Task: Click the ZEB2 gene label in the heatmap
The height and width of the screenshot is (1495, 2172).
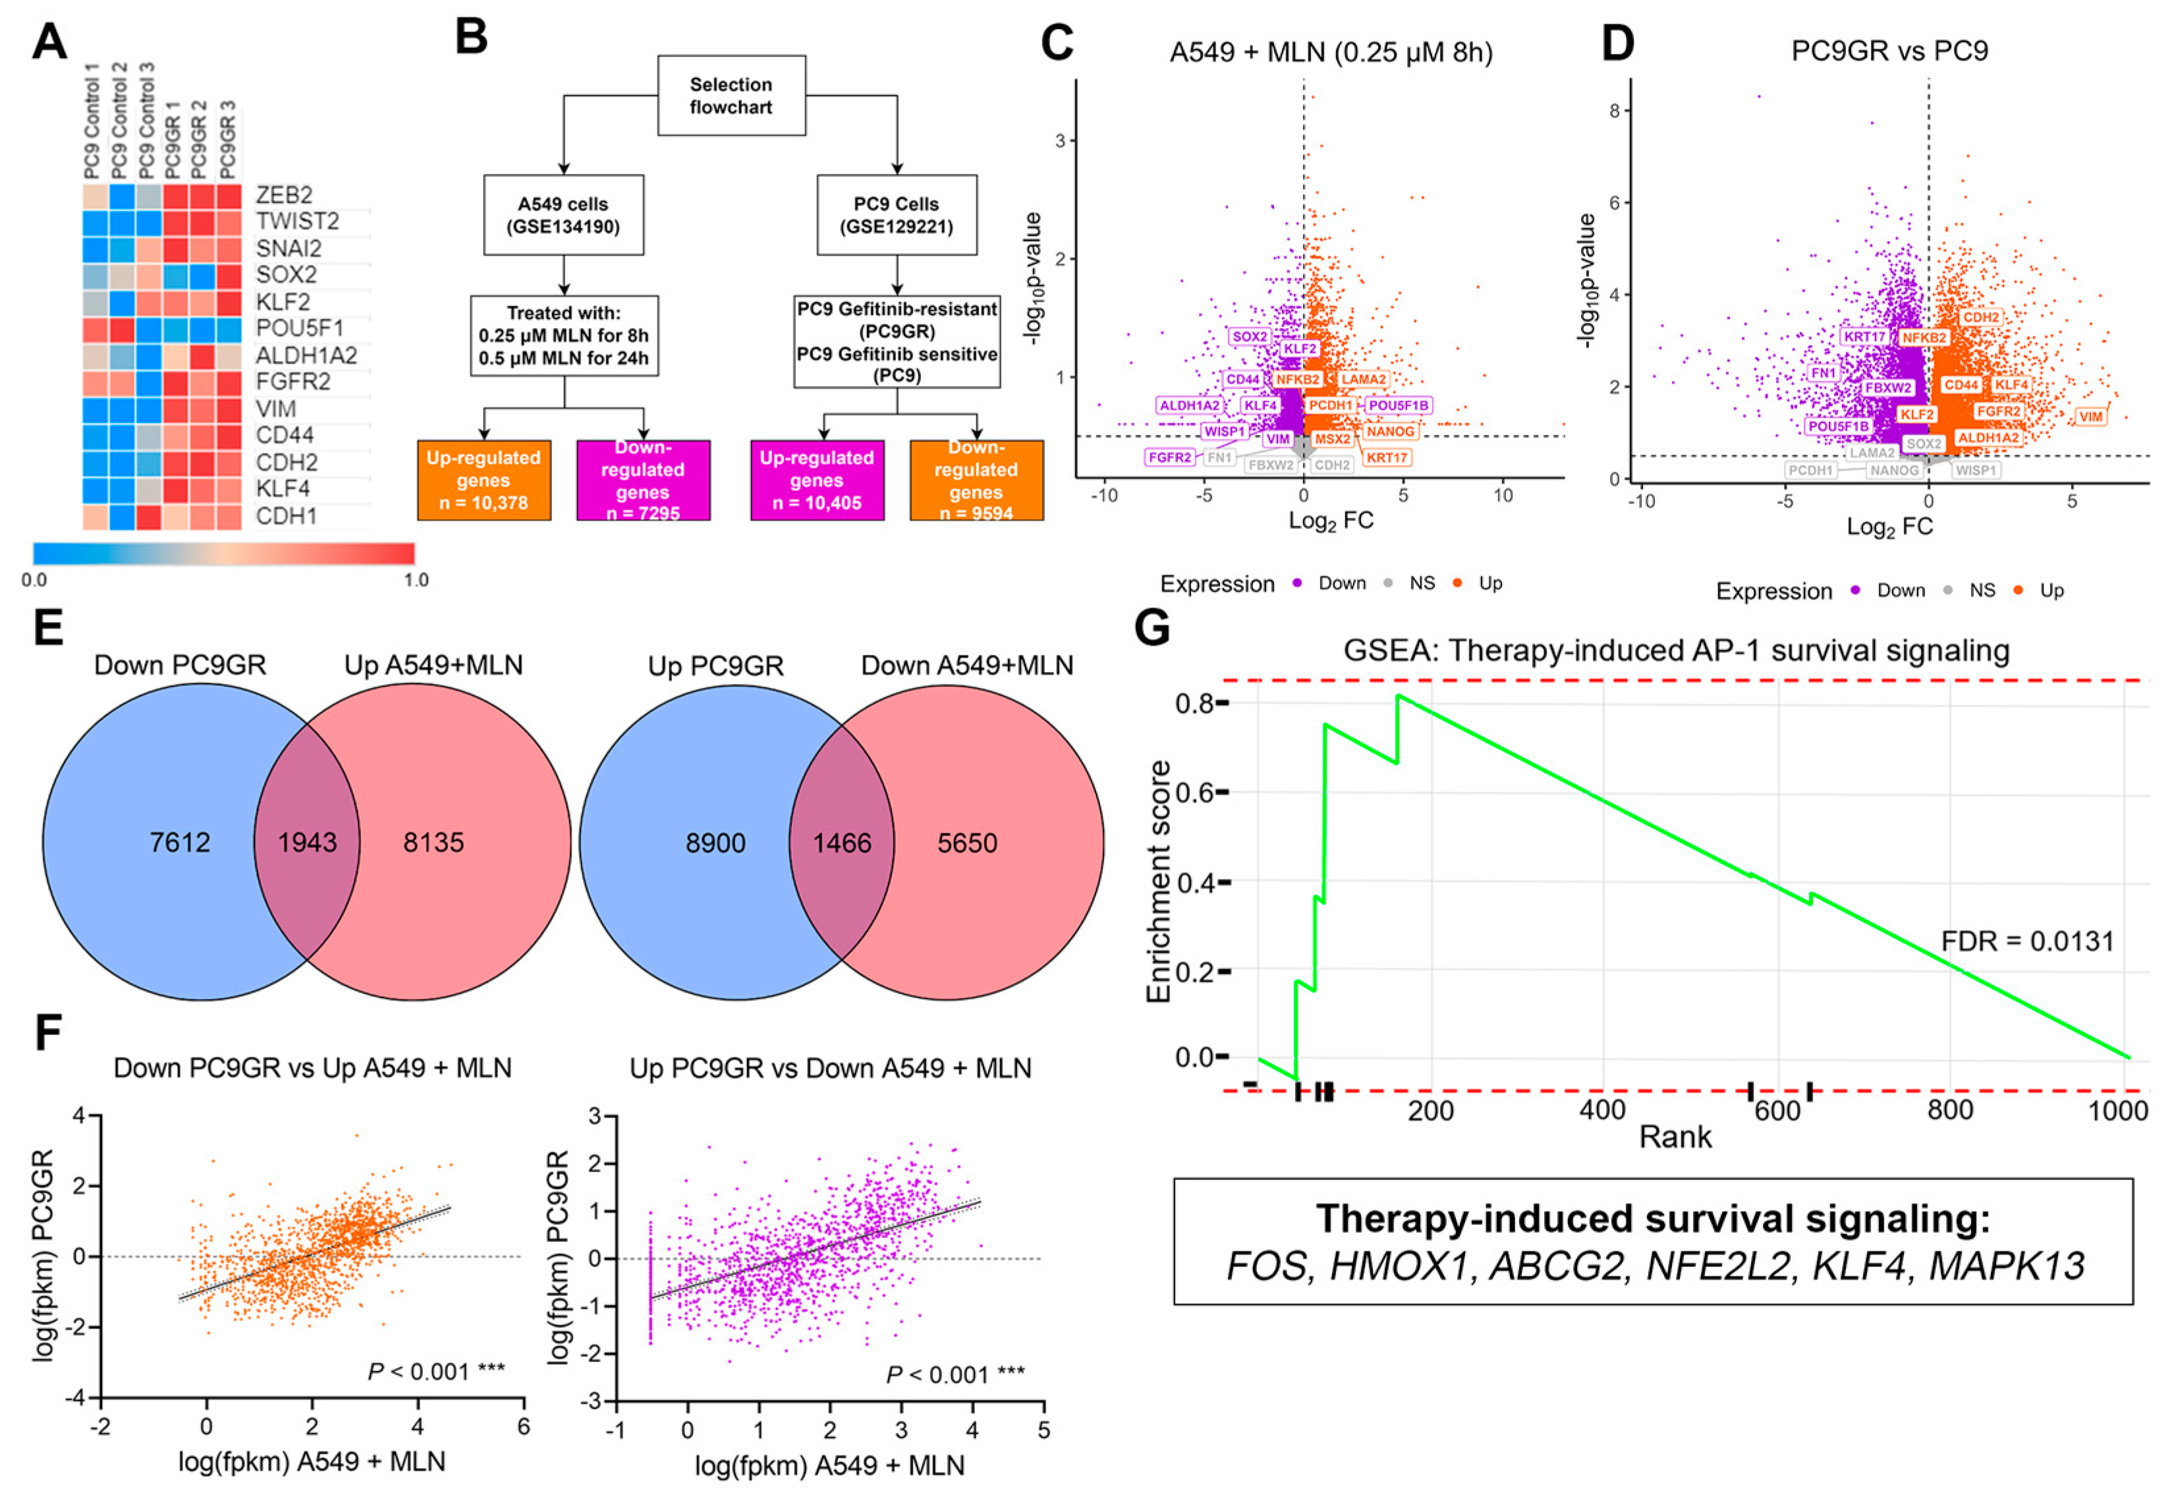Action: [x=284, y=195]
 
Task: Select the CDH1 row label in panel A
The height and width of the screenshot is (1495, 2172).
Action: [x=286, y=516]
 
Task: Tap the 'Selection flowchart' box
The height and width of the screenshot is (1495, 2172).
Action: [x=731, y=96]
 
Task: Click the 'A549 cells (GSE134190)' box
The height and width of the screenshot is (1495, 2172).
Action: [x=563, y=215]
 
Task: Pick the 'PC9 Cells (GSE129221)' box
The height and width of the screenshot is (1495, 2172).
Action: [x=897, y=215]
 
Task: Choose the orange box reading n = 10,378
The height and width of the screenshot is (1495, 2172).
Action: [x=484, y=480]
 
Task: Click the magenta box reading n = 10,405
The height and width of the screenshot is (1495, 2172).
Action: [x=817, y=480]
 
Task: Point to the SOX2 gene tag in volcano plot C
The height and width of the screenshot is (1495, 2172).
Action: [x=1250, y=336]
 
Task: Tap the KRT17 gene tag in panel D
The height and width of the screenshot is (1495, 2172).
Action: [x=1864, y=336]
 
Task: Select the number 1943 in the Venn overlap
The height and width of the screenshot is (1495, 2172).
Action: [x=307, y=842]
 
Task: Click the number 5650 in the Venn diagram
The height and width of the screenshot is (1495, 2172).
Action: [x=968, y=843]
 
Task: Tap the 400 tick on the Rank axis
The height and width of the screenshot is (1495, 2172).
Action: [x=1603, y=1111]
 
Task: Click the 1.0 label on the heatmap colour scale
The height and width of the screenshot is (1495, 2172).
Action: [x=416, y=580]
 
